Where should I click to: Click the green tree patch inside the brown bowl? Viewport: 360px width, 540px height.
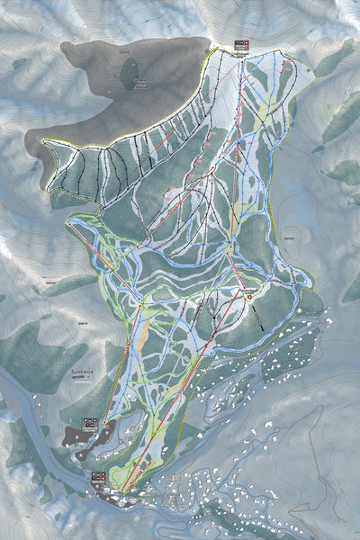[130, 72]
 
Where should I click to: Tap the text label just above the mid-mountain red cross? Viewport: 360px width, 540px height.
[249, 286]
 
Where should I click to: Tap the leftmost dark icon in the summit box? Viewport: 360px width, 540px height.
[234, 43]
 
